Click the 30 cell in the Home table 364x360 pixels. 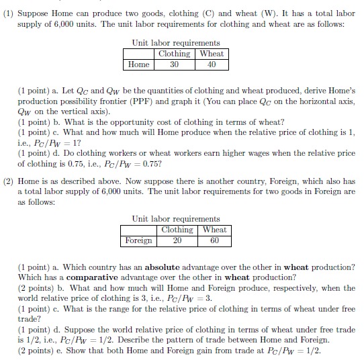[174, 64]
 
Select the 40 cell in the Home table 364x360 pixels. [212, 64]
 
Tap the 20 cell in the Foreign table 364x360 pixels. [177, 240]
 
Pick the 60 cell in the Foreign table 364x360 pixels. [214, 240]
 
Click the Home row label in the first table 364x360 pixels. [138, 64]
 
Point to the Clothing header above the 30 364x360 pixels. [174, 54]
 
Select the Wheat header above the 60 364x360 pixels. [214, 230]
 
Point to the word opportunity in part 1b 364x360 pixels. [120, 122]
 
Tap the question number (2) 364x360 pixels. [9, 181]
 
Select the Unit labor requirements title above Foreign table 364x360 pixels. [176, 219]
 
